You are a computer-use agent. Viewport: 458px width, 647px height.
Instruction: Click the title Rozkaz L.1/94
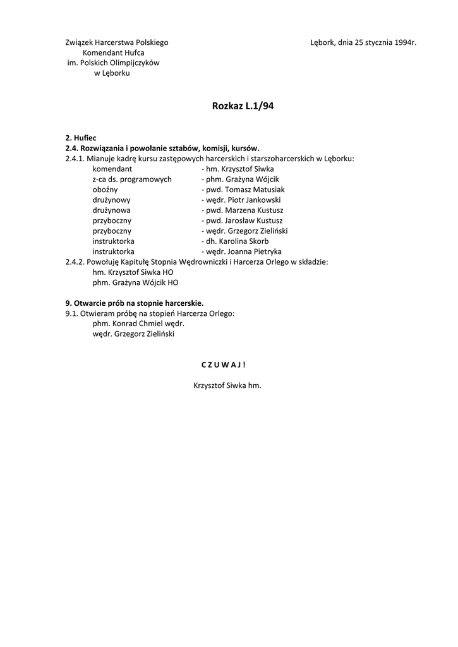click(x=243, y=106)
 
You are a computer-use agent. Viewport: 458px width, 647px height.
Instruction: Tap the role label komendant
click(x=112, y=169)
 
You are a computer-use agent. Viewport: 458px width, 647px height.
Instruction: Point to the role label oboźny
click(x=105, y=190)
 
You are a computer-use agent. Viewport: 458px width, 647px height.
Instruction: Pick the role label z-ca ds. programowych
click(x=132, y=179)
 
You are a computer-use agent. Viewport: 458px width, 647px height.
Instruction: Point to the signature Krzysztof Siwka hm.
click(x=227, y=385)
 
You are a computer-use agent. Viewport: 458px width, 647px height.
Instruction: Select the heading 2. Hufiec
click(x=81, y=138)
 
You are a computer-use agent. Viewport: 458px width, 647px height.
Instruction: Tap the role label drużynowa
click(x=112, y=210)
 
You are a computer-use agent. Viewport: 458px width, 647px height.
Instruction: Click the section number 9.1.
click(x=71, y=313)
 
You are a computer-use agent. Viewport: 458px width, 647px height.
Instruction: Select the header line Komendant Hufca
click(x=114, y=52)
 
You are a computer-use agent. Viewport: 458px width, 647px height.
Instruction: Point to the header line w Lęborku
click(x=112, y=73)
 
